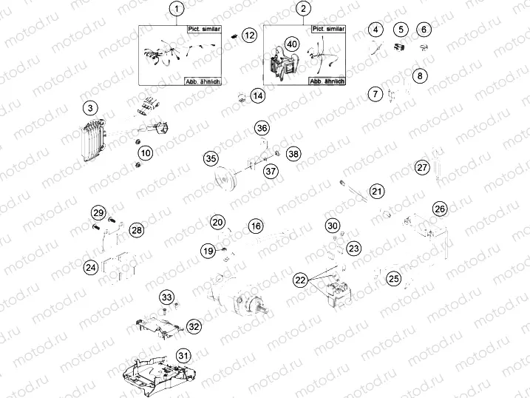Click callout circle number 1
tap(177, 10)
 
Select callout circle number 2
tap(303, 10)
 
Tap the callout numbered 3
tap(89, 109)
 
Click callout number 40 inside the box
tap(292, 44)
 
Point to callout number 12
tap(250, 35)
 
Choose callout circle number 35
tap(211, 159)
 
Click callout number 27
tap(422, 167)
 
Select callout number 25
tap(394, 279)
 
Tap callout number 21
tap(377, 192)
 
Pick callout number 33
tap(167, 297)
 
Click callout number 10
tap(146, 153)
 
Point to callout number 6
tap(424, 30)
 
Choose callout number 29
tap(98, 213)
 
